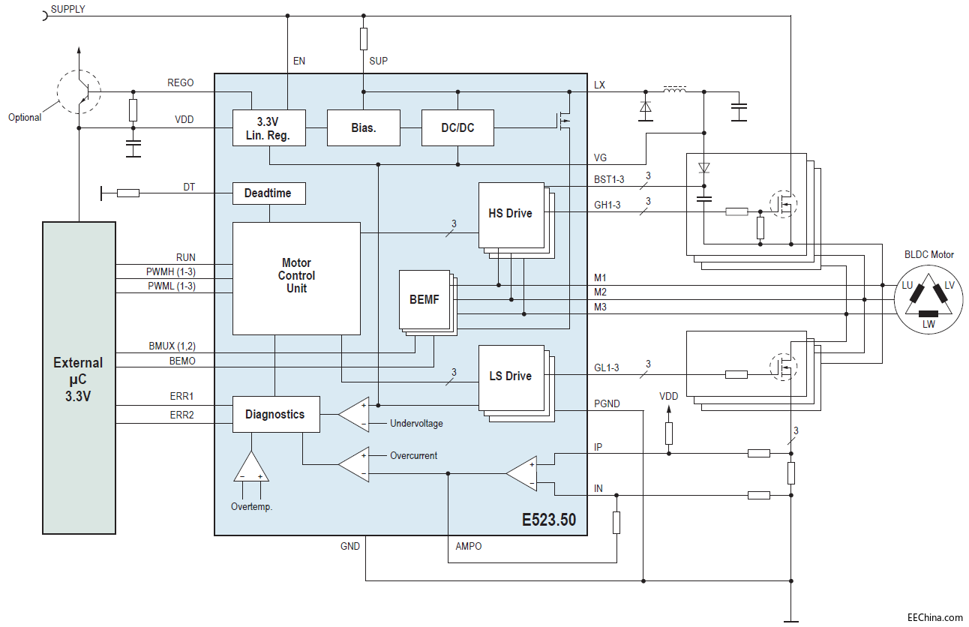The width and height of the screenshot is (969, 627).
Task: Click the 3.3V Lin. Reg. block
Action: pyautogui.click(x=269, y=127)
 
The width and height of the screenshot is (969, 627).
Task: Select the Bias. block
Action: pyautogui.click(x=363, y=127)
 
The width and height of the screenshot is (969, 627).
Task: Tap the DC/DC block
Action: pyautogui.click(x=457, y=127)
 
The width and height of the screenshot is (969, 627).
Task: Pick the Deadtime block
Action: pyautogui.click(x=269, y=193)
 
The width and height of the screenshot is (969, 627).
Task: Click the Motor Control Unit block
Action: pyautogui.click(x=296, y=279)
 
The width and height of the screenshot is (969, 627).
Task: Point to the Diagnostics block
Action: pyautogui.click(x=276, y=414)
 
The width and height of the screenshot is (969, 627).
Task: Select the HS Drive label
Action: pyautogui.click(x=511, y=213)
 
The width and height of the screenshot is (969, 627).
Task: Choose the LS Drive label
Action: pyautogui.click(x=511, y=376)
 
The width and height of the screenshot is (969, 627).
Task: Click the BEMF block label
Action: pyautogui.click(x=424, y=299)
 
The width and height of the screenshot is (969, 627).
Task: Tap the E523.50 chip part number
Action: pyautogui.click(x=549, y=520)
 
